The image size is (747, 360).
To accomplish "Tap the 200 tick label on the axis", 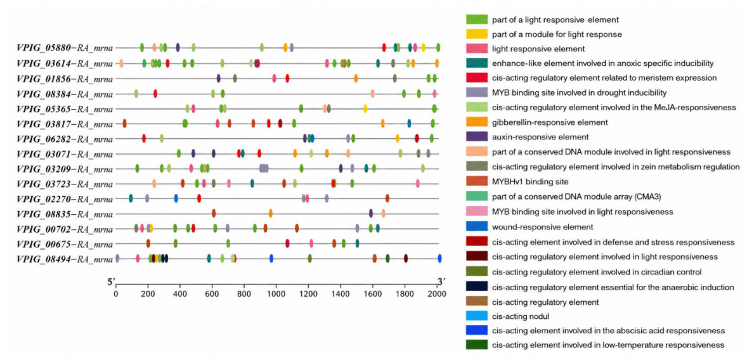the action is pyautogui.click(x=148, y=294).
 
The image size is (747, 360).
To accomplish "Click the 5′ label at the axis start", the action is pyautogui.click(x=113, y=283).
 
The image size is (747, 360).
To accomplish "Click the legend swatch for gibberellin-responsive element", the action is pyautogui.click(x=476, y=122).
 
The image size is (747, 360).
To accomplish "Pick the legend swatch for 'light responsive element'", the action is pyautogui.click(x=476, y=48).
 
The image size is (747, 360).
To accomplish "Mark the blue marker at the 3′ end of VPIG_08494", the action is pyautogui.click(x=439, y=259).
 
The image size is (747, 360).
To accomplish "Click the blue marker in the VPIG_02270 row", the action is pyautogui.click(x=176, y=198).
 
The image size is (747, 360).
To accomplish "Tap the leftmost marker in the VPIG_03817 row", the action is pyautogui.click(x=124, y=124).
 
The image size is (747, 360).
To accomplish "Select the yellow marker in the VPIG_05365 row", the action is pyautogui.click(x=365, y=108).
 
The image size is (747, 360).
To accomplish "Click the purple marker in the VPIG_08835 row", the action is pyautogui.click(x=370, y=214).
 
